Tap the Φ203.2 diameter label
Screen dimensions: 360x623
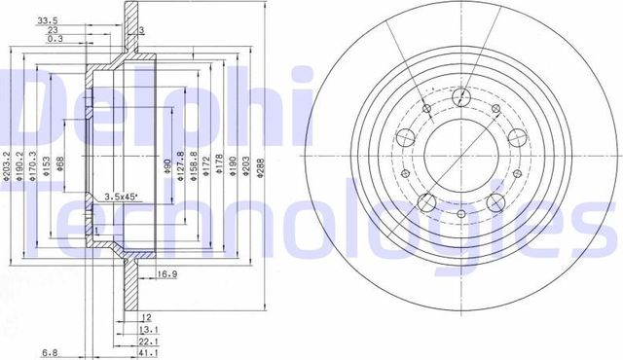(7, 162)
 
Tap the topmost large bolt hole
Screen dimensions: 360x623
(461, 96)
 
